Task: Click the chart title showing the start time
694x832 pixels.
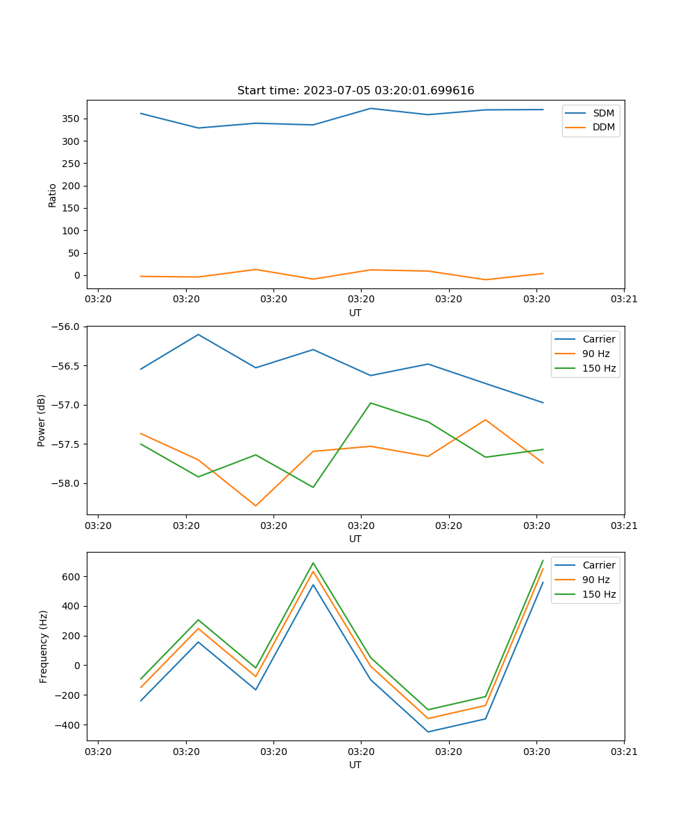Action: click(x=355, y=91)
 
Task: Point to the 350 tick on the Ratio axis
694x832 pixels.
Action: click(x=71, y=119)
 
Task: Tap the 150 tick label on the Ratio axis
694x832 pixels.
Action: click(x=71, y=208)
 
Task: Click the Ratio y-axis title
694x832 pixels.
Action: click(x=53, y=195)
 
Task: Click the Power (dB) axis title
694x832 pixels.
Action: click(x=42, y=420)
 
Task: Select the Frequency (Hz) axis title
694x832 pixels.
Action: click(x=44, y=646)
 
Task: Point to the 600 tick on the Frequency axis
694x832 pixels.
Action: click(x=71, y=576)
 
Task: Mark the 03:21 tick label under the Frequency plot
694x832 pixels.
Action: click(x=624, y=752)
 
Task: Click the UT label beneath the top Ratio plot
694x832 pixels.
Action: click(x=355, y=313)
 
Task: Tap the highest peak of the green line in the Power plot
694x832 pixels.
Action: click(x=371, y=403)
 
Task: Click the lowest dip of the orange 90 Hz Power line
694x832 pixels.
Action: click(x=255, y=505)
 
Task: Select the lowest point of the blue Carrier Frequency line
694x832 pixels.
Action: click(x=428, y=731)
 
